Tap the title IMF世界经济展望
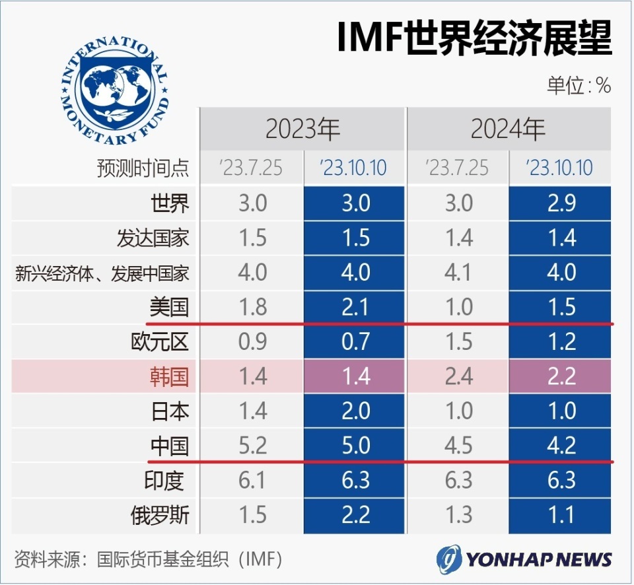474,38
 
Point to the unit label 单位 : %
579,85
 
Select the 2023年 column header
302,129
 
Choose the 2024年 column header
509,129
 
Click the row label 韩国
170,376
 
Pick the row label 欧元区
160,341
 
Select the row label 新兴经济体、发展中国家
102,273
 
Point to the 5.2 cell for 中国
253,445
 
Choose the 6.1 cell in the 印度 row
252,480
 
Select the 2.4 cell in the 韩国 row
459,376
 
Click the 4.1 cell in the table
458,272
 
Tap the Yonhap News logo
524,559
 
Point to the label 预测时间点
143,168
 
